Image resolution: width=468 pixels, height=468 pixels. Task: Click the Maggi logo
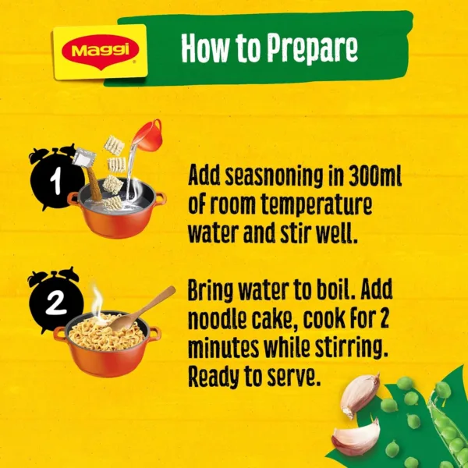(99, 52)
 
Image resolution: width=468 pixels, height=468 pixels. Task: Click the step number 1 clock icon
(53, 180)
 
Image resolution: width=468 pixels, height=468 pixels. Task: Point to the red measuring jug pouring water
(146, 136)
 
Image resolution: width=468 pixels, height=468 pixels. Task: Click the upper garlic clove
(360, 395)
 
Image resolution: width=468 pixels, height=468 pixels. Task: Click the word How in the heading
(205, 48)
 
